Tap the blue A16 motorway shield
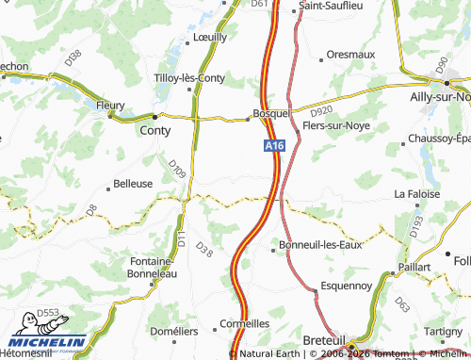tap(273, 145)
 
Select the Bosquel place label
tap(271, 113)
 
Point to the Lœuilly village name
tap(209, 37)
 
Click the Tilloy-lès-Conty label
tap(195, 78)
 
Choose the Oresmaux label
tap(349, 55)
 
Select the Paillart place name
tap(414, 267)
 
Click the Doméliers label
tap(175, 331)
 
